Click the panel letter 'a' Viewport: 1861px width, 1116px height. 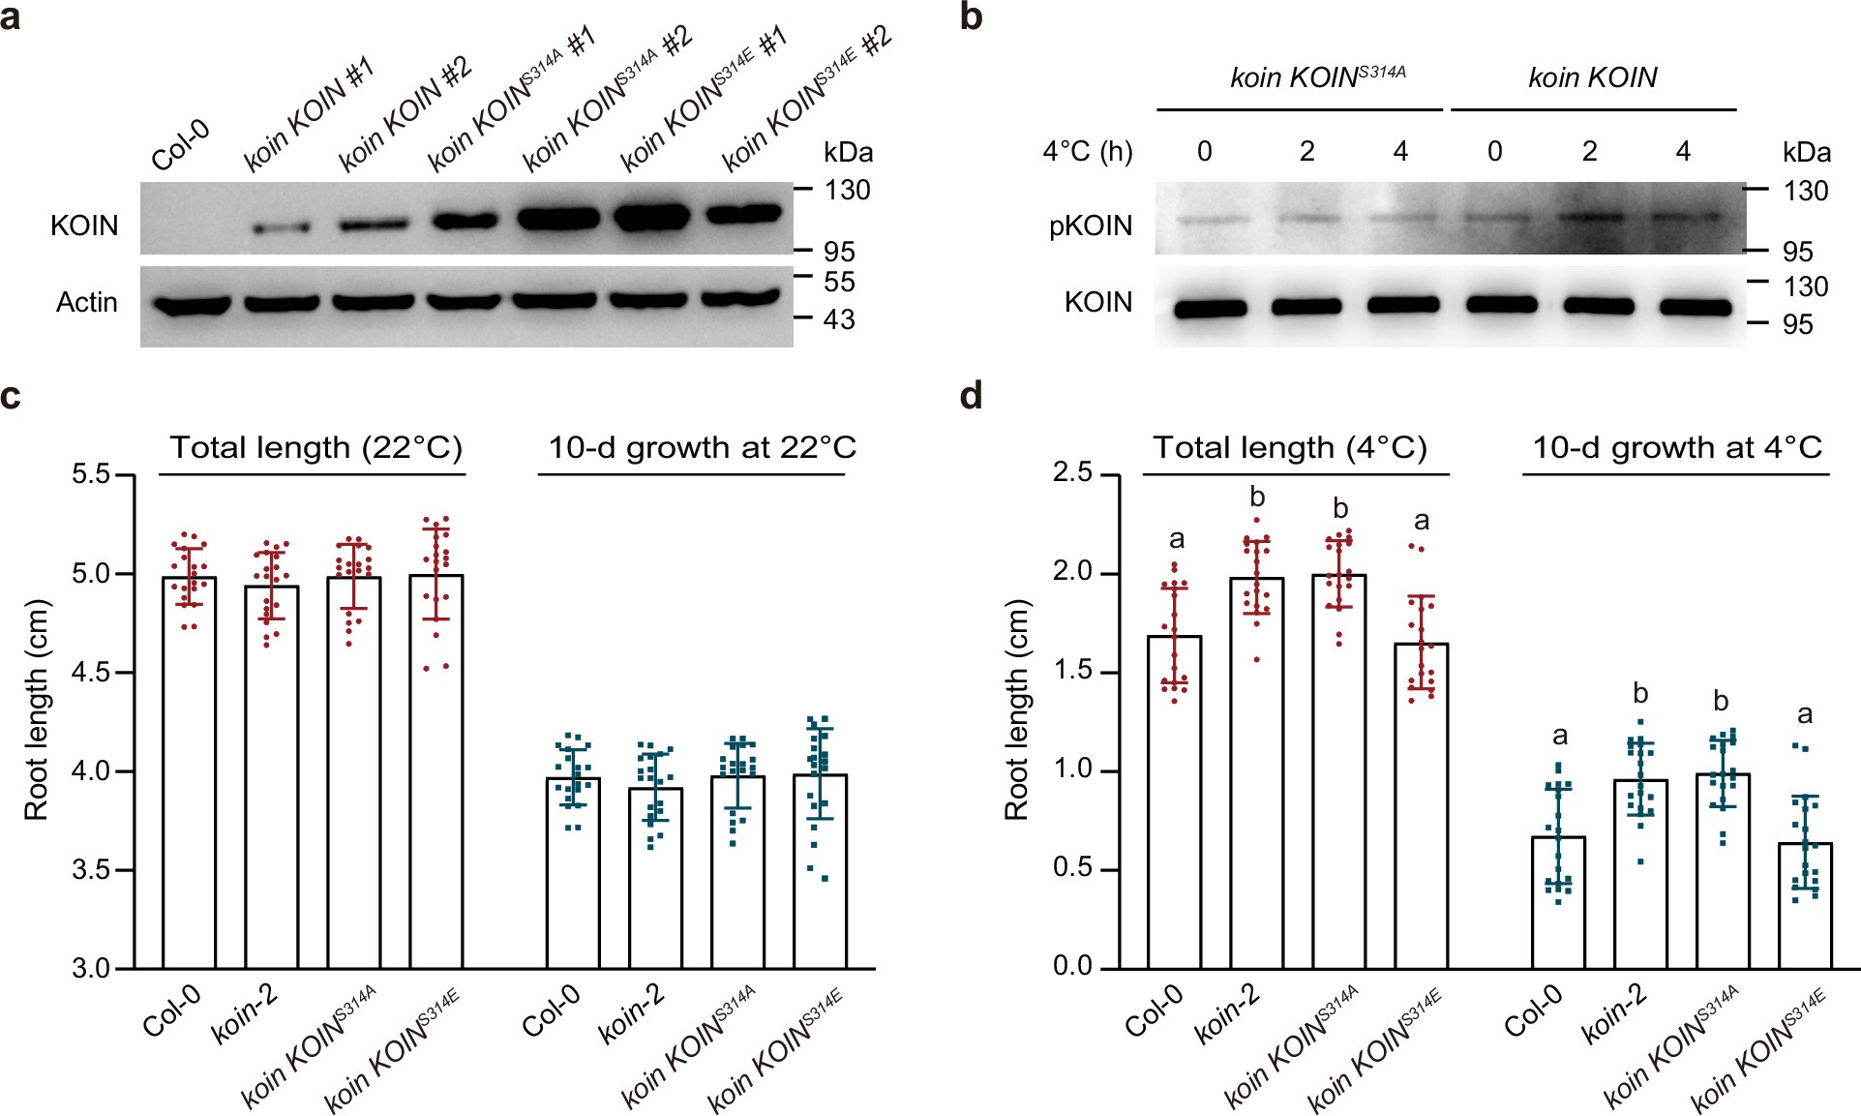point(11,17)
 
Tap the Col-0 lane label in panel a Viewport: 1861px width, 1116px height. point(181,146)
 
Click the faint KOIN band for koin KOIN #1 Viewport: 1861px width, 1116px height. point(282,228)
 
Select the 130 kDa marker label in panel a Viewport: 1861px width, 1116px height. point(847,190)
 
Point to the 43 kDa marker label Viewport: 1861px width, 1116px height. point(839,319)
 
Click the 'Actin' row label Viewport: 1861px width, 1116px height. point(86,303)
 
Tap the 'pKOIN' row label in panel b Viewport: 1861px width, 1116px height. point(1091,226)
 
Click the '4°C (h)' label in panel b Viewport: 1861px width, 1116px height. point(1087,151)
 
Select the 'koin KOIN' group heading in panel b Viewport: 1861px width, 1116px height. point(1592,77)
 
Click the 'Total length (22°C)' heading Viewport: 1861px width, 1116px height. point(315,447)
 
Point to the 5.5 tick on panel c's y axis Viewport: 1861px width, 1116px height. point(93,474)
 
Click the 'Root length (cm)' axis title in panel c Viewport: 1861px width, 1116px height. point(36,711)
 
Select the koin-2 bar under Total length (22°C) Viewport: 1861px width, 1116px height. point(271,774)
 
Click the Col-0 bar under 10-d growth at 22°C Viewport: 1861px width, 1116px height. point(573,871)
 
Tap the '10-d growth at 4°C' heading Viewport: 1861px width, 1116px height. point(1676,447)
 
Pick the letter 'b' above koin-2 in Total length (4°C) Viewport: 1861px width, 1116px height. point(1257,498)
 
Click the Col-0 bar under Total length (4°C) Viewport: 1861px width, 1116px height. point(1175,803)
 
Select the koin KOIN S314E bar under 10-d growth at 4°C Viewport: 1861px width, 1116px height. point(1805,905)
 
